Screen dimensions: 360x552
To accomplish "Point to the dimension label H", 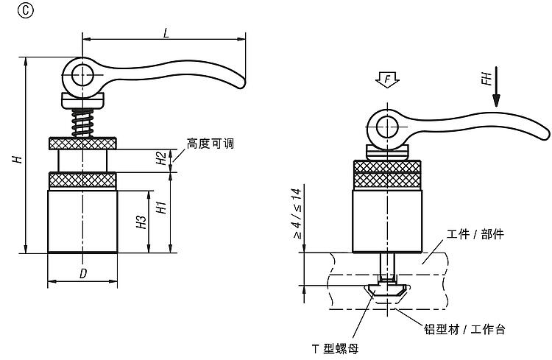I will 16,158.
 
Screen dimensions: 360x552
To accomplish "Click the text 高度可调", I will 210,143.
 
